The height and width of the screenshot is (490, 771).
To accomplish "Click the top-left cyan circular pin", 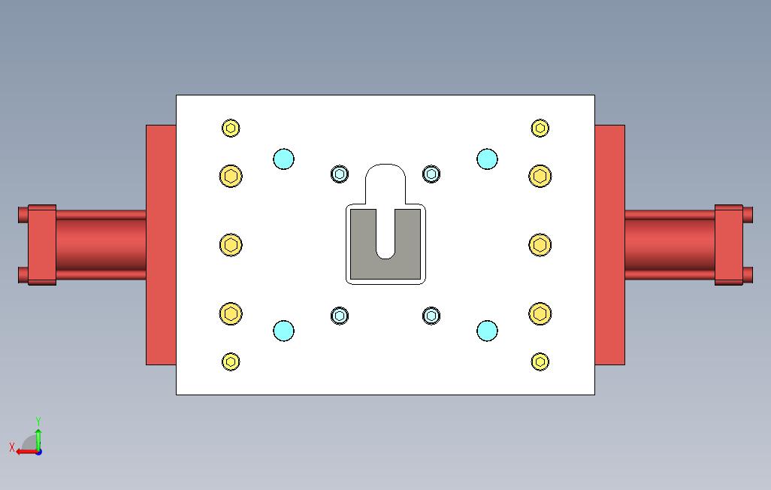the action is [283, 159].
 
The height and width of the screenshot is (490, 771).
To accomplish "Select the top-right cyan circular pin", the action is [487, 159].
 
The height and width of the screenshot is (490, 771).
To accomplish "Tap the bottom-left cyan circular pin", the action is [283, 331].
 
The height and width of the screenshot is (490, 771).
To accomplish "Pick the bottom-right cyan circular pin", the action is [487, 331].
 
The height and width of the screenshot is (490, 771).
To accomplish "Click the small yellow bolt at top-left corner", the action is [231, 128].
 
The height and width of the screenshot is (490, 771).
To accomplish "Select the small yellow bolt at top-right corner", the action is [540, 128].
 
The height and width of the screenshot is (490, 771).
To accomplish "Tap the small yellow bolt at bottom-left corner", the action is [231, 361].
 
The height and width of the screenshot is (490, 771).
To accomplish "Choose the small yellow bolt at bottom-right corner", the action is [540, 361].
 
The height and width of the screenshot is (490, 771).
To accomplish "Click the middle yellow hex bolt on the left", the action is [231, 245].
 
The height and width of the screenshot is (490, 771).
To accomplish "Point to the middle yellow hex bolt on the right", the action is [540, 245].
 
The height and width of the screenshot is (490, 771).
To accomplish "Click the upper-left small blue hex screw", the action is [340, 174].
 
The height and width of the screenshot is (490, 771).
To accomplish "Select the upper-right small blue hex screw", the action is [431, 174].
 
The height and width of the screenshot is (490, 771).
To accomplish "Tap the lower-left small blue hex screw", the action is [340, 315].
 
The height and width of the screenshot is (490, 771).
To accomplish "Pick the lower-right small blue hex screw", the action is [431, 315].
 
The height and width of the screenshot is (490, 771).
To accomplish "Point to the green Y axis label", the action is [38, 422].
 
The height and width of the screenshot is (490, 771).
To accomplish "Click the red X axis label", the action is [12, 447].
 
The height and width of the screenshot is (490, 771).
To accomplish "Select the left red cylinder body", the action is [101, 245].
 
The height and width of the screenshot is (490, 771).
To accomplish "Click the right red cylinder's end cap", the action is [727, 245].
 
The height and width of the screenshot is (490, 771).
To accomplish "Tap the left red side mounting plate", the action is [161, 245].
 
